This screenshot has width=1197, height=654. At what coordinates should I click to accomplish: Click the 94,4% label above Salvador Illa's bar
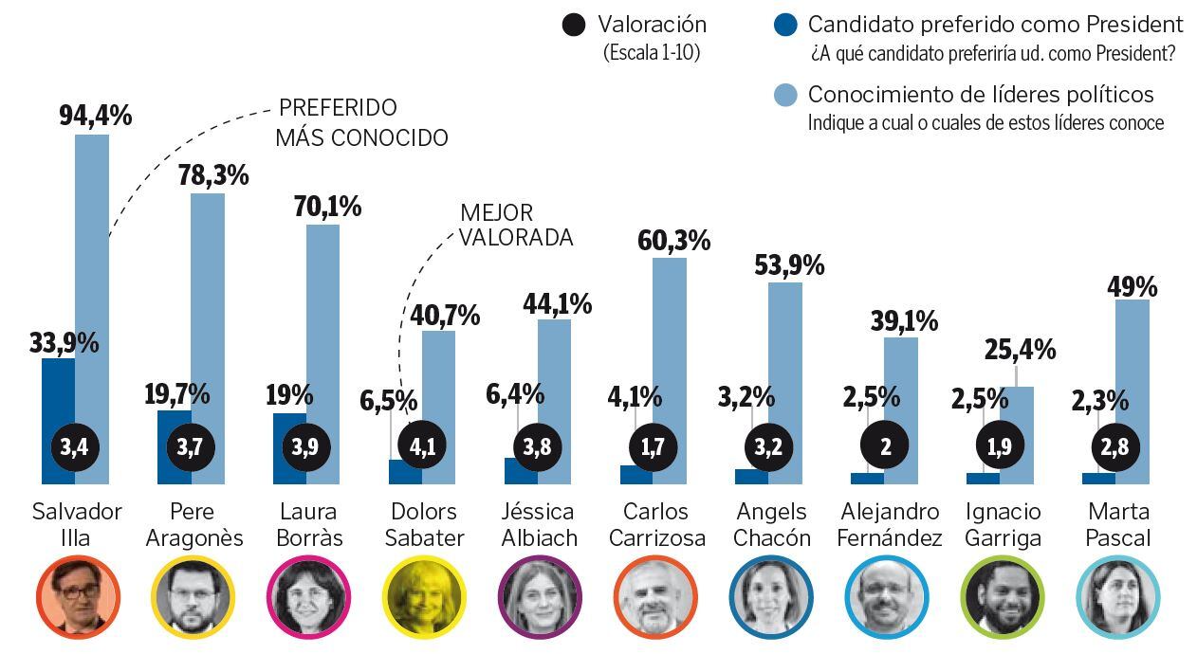pyautogui.click(x=95, y=117)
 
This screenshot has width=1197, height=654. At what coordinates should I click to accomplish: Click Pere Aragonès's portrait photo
pyautogui.click(x=193, y=596)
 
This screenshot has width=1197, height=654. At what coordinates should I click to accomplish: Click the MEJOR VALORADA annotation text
pyautogui.click(x=516, y=226)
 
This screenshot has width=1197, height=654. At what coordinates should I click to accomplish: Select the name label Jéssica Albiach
pyautogui.click(x=538, y=525)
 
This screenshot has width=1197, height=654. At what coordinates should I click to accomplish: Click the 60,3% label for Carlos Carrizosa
pyautogui.click(x=673, y=241)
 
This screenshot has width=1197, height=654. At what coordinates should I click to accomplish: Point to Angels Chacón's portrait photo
pyautogui.click(x=771, y=596)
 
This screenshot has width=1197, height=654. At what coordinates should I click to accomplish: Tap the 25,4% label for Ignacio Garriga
pyautogui.click(x=1019, y=350)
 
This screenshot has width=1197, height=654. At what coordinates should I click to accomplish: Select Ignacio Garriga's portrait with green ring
pyautogui.click(x=1003, y=596)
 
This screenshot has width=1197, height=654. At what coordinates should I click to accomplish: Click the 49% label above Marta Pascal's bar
pyautogui.click(x=1132, y=285)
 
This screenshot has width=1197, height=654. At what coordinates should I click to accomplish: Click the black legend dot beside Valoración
pyautogui.click(x=573, y=26)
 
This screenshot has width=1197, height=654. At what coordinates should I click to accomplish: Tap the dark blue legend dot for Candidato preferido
pyautogui.click(x=784, y=26)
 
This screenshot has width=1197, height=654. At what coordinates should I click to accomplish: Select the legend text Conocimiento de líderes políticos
pyautogui.click(x=980, y=95)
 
